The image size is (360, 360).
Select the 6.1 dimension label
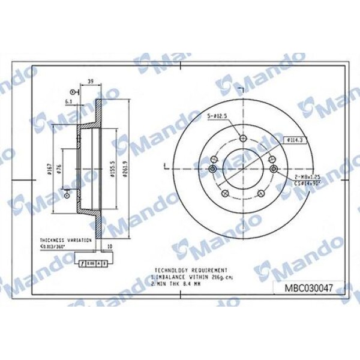[70, 102]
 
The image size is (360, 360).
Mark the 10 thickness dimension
[108, 246]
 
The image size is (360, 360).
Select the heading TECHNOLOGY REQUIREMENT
[191, 270]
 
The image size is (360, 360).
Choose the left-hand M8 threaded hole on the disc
[213, 159]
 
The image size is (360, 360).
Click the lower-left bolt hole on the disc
[224, 193]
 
